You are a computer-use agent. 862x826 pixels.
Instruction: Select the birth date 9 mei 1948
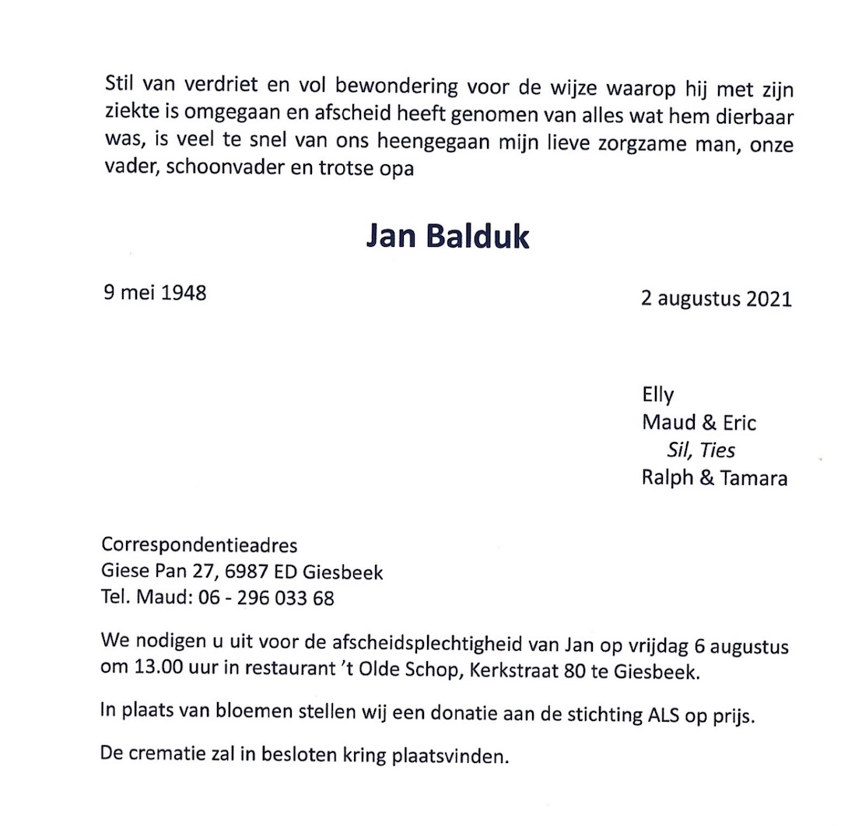tap(154, 293)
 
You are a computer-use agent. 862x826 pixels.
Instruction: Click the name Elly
tap(657, 395)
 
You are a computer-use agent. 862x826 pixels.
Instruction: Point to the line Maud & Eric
tap(698, 423)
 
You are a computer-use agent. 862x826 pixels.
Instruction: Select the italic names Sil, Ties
tap(700, 450)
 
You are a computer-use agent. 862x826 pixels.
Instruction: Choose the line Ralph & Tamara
tap(713, 478)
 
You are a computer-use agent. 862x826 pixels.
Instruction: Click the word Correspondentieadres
tap(199, 545)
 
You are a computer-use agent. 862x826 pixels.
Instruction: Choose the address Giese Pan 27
tap(159, 572)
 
